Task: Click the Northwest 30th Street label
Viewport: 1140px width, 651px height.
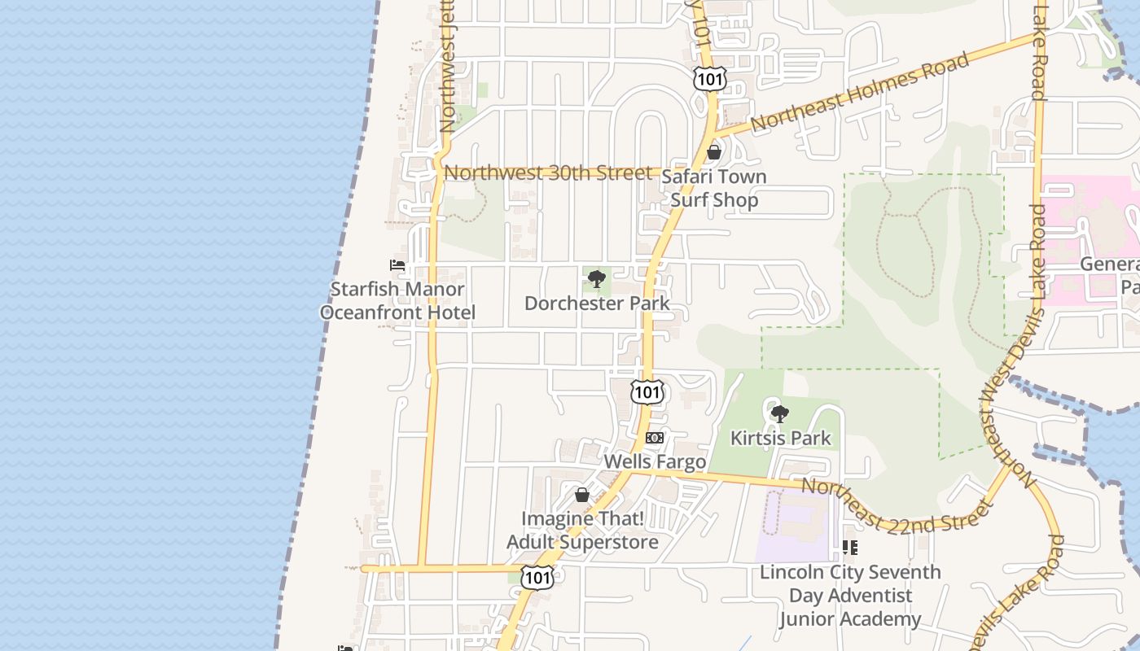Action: (548, 173)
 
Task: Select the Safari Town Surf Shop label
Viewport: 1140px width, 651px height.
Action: (714, 188)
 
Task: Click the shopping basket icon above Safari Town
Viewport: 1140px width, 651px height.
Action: (714, 152)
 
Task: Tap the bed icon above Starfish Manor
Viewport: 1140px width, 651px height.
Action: (397, 265)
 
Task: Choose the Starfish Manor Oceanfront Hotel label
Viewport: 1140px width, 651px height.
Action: (397, 300)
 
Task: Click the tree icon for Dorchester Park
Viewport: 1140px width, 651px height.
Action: (597, 279)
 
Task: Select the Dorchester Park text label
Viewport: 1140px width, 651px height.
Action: (597, 304)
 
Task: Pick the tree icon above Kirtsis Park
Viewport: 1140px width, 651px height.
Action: (780, 413)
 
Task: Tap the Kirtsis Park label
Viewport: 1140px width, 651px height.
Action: (780, 438)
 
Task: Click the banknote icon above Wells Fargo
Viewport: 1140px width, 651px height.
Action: (654, 438)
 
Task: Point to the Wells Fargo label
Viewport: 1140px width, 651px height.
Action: (654, 461)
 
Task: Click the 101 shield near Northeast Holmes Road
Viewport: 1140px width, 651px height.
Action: (709, 79)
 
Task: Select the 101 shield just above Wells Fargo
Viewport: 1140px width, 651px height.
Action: (647, 392)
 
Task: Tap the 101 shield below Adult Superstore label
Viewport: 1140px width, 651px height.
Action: (537, 577)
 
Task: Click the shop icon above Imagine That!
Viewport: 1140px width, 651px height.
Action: (582, 494)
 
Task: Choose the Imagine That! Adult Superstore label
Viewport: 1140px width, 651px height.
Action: (582, 530)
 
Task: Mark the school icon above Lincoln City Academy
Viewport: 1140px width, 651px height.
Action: (850, 548)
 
